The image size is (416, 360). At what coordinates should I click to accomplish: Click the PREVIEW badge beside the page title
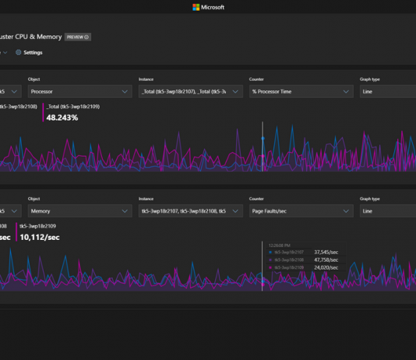tap(77, 37)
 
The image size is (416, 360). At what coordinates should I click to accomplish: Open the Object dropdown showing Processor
tap(78, 91)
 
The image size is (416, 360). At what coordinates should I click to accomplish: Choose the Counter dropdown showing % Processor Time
tap(299, 91)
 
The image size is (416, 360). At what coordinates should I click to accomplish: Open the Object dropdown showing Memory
tap(78, 211)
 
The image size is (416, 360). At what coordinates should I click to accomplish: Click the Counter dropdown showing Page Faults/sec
tap(299, 211)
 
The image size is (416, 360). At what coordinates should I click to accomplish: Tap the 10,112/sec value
tap(41, 238)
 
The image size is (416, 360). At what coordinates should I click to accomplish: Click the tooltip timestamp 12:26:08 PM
tap(279, 245)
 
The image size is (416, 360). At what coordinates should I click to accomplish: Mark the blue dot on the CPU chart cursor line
tap(263, 138)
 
